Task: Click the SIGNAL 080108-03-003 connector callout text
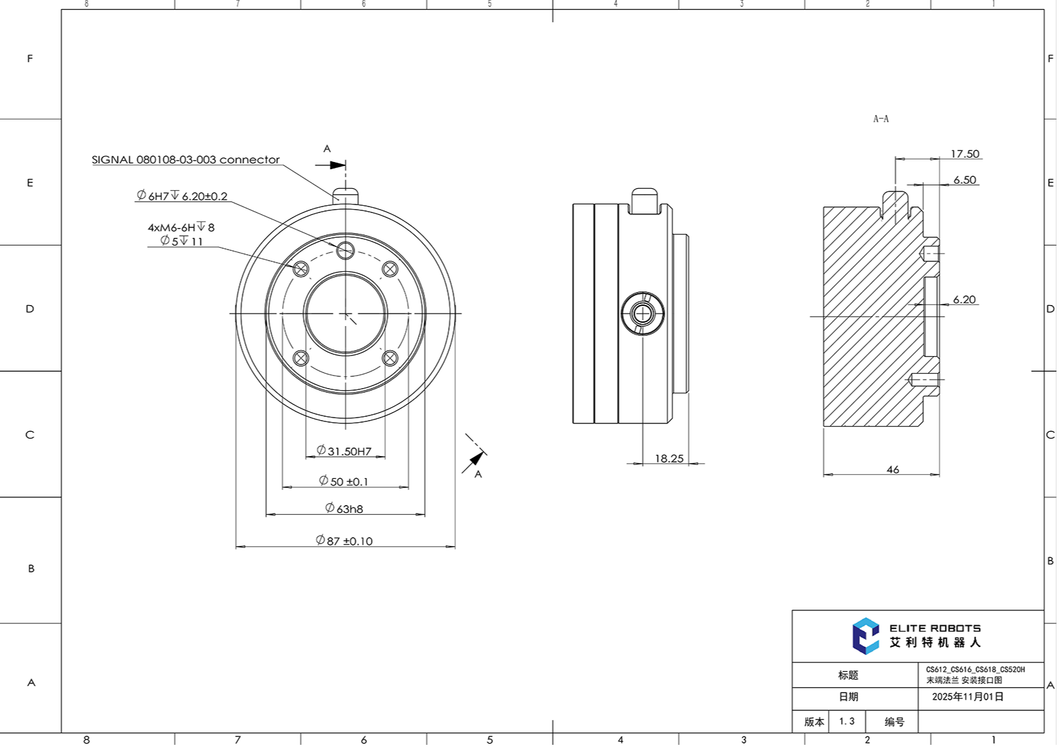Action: [185, 159]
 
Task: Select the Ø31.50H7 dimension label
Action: [344, 451]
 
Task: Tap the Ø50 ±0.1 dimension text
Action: [344, 482]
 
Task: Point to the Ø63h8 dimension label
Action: [344, 508]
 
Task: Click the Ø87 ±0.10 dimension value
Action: [344, 541]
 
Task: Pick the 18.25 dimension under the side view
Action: [669, 459]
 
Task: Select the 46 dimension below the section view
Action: [893, 470]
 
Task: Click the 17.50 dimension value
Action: [964, 154]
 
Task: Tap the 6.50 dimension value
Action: [964, 180]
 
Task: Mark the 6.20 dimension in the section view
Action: [964, 300]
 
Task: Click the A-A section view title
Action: [881, 119]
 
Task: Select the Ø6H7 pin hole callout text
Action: [182, 196]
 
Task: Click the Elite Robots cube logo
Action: [866, 636]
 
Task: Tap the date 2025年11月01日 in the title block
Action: [968, 696]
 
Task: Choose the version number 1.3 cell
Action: [847, 721]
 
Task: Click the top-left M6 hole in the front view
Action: [301, 269]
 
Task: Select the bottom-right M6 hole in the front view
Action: [390, 358]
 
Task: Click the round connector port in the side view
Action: [643, 314]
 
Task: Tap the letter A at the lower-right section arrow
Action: [478, 474]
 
